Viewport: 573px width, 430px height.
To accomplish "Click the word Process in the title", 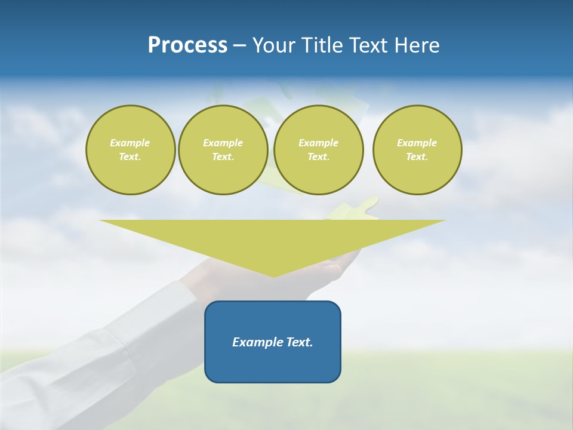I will click(187, 45).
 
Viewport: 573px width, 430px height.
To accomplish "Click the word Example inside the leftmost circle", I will click(130, 143).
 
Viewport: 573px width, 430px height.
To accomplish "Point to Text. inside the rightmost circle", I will click(417, 156).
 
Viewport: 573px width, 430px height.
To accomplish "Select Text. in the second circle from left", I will click(223, 156).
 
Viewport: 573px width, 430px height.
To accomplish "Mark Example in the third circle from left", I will click(318, 143).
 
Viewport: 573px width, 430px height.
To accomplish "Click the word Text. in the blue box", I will click(300, 342).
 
